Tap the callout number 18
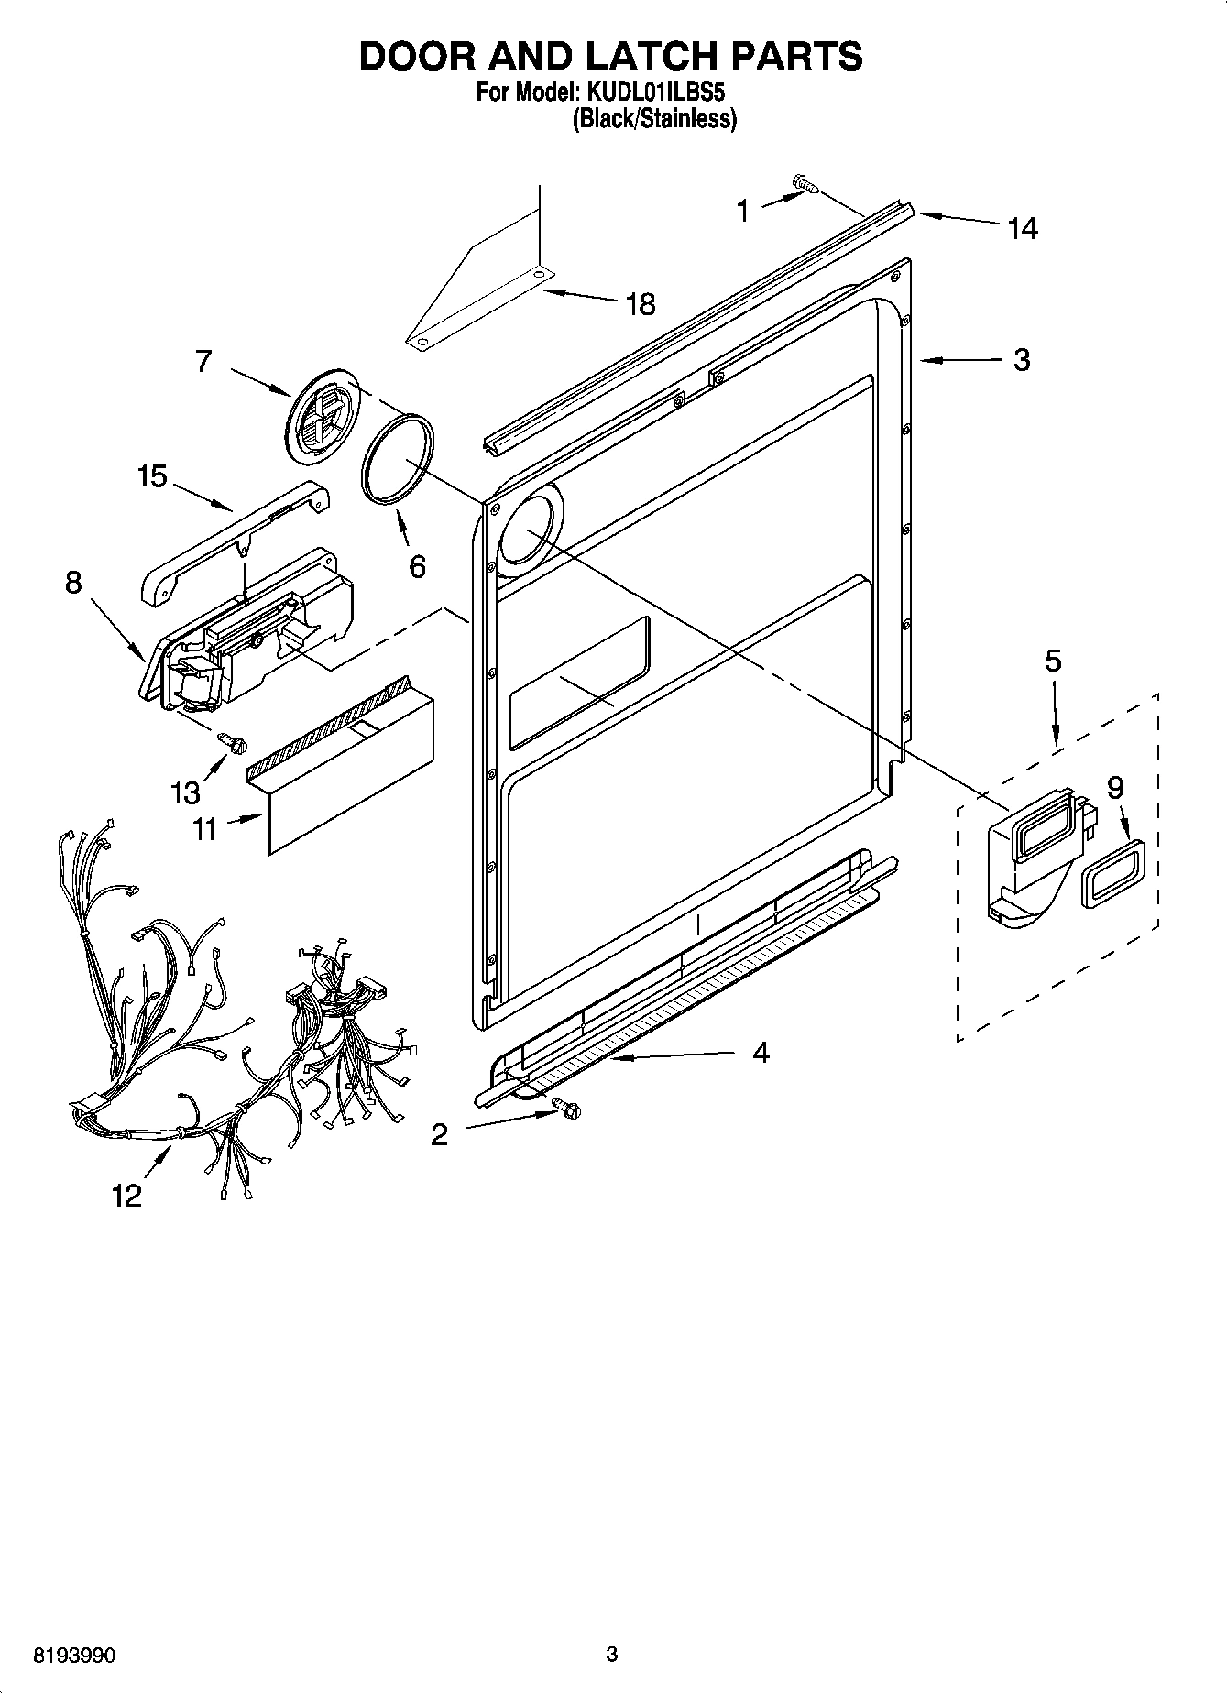pos(641,304)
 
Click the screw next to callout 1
pos(806,186)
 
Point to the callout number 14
pos(1022,228)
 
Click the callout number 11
pos(205,829)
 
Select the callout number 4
pos(760,1053)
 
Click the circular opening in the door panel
pos(525,531)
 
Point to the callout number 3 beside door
pos(1022,359)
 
